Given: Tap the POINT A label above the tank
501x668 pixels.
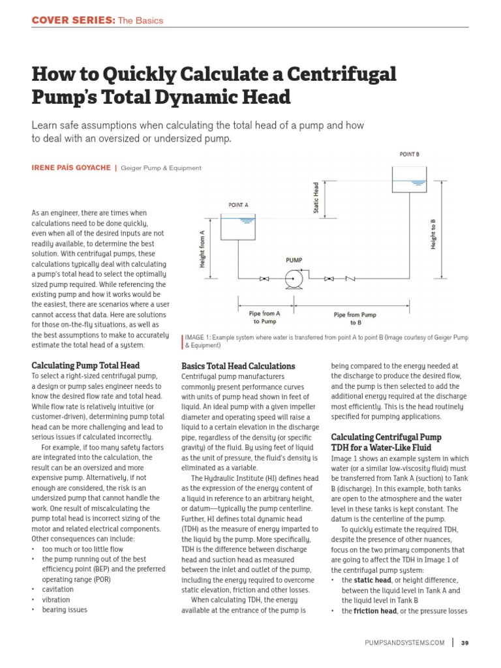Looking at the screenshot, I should coord(238,205).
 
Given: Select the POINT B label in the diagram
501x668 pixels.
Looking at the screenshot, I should coord(409,154).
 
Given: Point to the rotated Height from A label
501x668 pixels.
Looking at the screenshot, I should coord(202,249).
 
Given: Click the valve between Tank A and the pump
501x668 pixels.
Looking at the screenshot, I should coord(264,279).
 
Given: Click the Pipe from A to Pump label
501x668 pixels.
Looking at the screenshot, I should coord(264,317).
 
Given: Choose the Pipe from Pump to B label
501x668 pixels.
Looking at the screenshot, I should coord(355,318).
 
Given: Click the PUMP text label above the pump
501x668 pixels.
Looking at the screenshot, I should coord(294,260).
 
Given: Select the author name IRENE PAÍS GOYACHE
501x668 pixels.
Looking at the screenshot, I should coord(70,168).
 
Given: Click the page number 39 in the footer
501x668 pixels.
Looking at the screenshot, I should coord(464,643).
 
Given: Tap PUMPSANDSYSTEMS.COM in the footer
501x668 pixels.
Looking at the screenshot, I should coord(404,643).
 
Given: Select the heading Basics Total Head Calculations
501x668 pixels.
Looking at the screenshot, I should coord(238,366).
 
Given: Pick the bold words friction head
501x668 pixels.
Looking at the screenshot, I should coord(373,611).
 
